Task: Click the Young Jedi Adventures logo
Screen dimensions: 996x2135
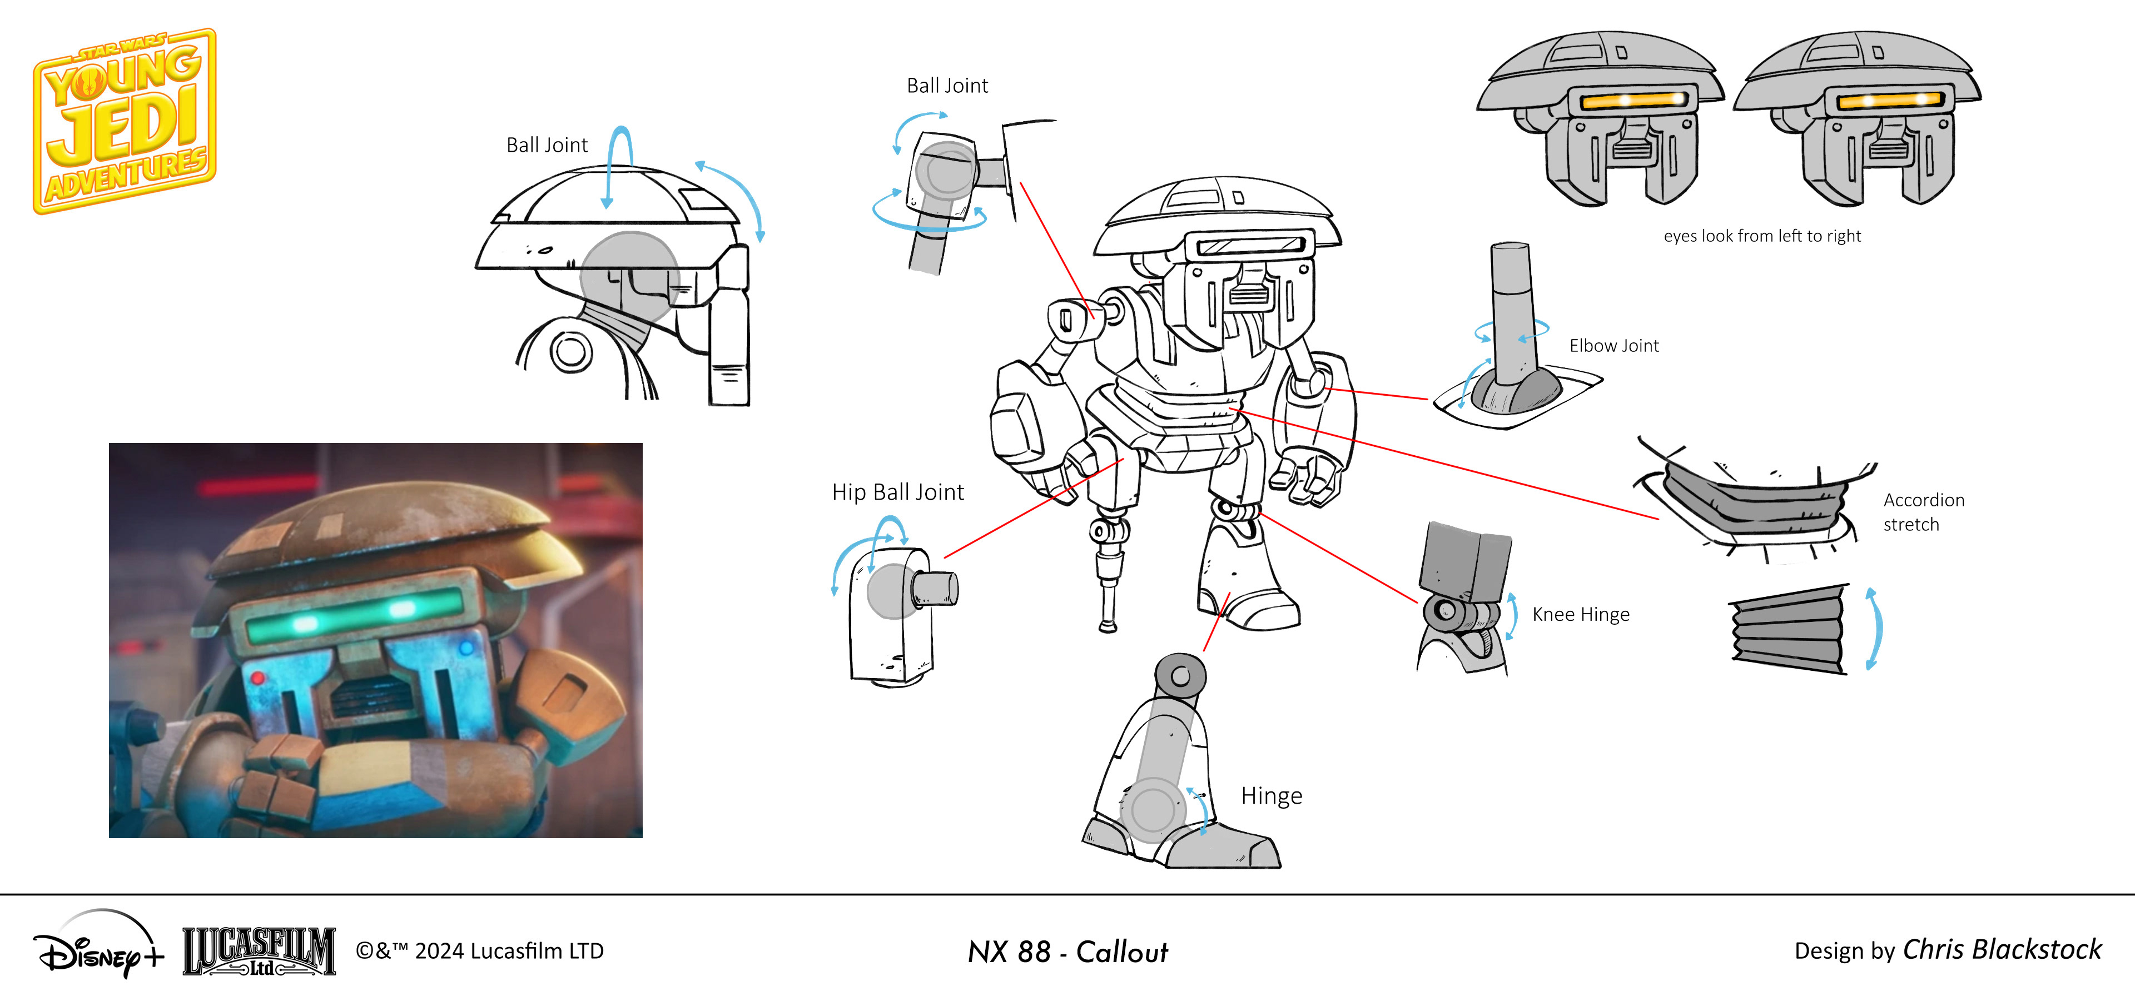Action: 125,121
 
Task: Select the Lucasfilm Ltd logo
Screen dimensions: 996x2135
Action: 259,951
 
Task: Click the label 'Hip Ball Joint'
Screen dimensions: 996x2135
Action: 897,492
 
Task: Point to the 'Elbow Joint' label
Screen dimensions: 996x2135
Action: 1613,346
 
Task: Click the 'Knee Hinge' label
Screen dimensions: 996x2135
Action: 1581,614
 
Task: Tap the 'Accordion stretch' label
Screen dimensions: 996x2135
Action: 1923,512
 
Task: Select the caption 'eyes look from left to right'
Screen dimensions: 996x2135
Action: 1762,236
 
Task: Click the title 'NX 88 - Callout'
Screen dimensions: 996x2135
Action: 1067,951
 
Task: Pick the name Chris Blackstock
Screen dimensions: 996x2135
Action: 2002,950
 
